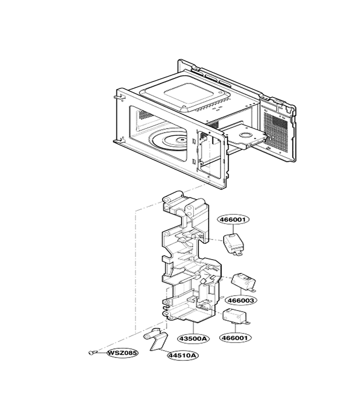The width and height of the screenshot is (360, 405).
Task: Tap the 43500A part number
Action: [x=193, y=338]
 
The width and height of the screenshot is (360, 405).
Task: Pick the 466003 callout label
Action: [x=241, y=301]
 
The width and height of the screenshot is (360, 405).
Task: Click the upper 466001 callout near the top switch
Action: [x=234, y=220]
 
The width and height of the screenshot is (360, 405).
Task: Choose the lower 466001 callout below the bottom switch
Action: [x=235, y=337]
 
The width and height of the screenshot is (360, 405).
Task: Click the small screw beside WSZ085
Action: [x=92, y=352]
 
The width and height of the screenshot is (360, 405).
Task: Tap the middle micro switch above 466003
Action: [x=243, y=282]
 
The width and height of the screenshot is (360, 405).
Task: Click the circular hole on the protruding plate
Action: [x=246, y=135]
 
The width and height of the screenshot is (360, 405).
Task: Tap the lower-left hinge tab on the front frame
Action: [x=118, y=141]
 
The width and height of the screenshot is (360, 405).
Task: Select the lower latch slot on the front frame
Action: [x=194, y=162]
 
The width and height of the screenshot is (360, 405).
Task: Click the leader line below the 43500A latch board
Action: [x=193, y=328]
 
